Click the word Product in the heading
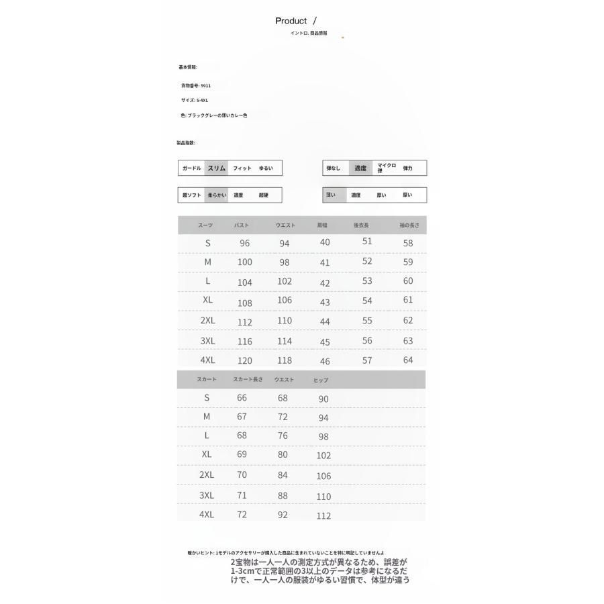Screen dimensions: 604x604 coord(291,21)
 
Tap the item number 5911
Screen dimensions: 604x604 coord(205,86)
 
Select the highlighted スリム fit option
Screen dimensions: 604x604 coord(216,168)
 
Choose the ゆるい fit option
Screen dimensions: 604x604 coord(266,168)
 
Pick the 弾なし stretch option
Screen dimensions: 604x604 coord(333,168)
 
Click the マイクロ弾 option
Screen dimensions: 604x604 coord(387,168)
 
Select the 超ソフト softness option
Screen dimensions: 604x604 coord(191,195)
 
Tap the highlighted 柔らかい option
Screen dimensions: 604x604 coord(216,195)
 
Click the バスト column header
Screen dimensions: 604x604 coord(242,225)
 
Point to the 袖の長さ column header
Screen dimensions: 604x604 coord(409,225)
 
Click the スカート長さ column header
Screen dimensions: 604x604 coord(248,380)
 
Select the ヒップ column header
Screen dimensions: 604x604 coord(321,381)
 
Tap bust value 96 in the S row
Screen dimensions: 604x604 coord(244,244)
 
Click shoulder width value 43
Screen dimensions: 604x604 coord(325,303)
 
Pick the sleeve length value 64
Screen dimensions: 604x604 coord(408,360)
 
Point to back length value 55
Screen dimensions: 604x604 coord(367,321)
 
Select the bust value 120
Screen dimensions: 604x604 coord(244,361)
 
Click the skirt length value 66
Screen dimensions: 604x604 coord(242,398)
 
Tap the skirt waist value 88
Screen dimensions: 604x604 coord(283,496)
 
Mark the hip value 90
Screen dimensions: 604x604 coord(323,399)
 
